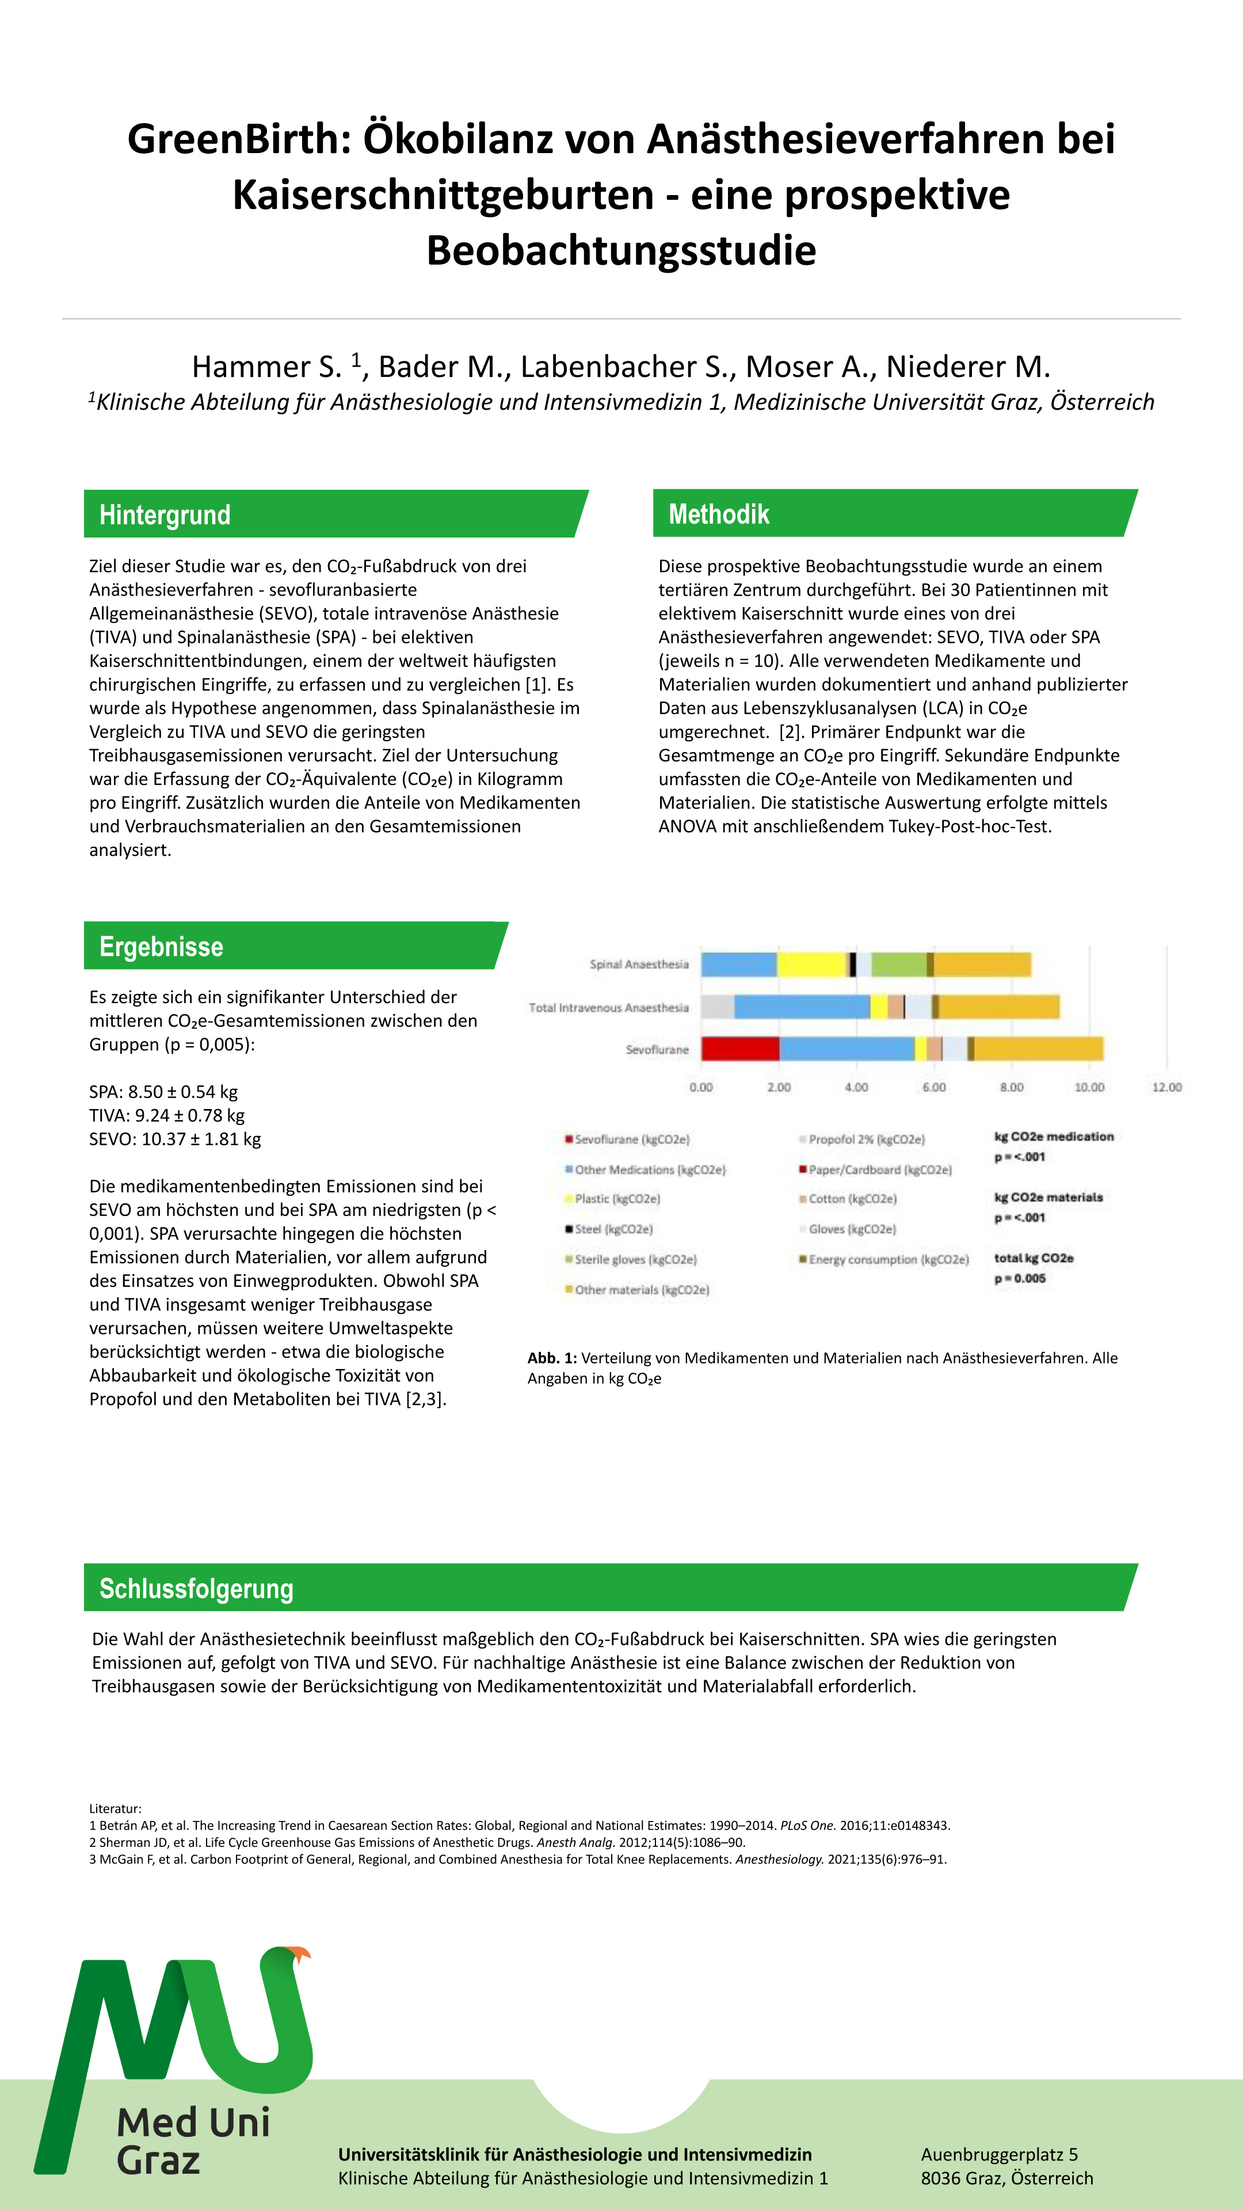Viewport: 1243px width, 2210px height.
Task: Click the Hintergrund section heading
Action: click(x=165, y=515)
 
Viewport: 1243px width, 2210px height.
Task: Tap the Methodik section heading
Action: click(x=719, y=514)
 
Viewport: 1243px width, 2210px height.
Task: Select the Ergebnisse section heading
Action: click(x=161, y=946)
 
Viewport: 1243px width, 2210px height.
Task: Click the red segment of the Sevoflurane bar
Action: click(x=740, y=1049)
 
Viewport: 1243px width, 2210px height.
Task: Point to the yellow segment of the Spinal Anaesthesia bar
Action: click(x=811, y=965)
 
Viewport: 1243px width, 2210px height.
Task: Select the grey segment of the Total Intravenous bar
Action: click(x=717, y=1007)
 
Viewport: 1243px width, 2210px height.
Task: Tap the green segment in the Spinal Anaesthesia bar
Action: click(x=898, y=965)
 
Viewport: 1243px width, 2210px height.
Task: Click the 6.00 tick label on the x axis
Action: click(x=934, y=1087)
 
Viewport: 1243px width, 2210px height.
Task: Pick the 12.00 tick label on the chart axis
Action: click(x=1166, y=1087)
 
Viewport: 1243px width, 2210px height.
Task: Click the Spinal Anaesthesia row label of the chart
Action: click(x=639, y=965)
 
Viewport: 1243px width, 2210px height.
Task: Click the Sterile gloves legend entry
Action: click(x=635, y=1259)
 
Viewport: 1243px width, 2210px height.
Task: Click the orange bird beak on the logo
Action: click(x=300, y=1955)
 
